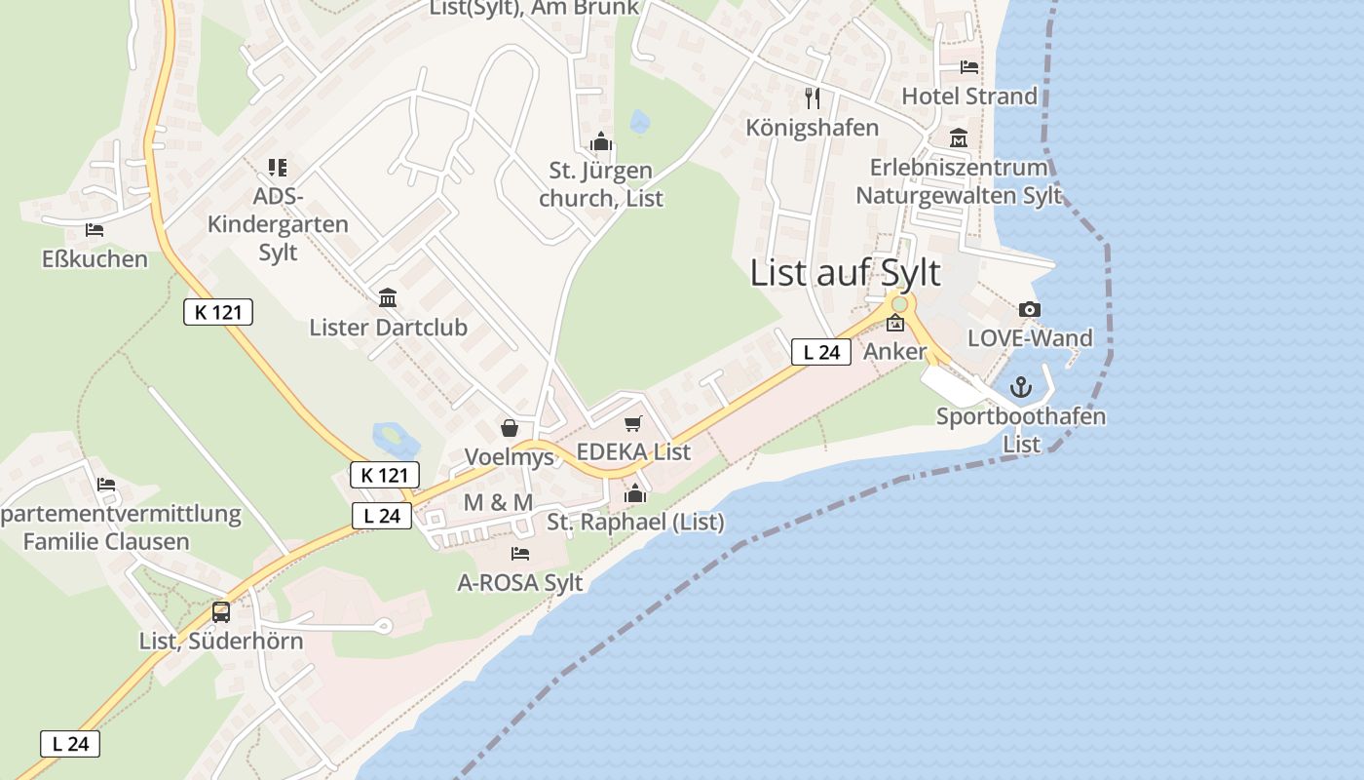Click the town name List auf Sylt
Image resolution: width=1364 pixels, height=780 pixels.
845,273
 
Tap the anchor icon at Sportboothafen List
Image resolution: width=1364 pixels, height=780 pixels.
1021,387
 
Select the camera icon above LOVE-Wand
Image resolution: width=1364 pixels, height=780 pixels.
1029,310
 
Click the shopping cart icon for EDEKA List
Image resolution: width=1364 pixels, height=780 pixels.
633,423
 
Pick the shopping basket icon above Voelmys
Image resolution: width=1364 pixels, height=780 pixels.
509,428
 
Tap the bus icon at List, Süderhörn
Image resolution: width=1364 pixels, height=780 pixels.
221,612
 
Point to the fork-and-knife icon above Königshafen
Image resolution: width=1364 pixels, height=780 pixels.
813,98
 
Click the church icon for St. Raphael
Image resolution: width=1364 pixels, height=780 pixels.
635,493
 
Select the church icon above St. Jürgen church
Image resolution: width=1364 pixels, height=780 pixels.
600,143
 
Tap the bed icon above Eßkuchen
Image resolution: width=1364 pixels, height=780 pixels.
95,230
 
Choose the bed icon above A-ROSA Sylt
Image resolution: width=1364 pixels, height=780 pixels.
520,554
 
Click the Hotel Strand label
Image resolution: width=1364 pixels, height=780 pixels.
969,96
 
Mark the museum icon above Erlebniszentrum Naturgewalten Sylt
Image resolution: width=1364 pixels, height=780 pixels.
959,138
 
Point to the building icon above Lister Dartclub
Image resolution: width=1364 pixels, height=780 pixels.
388,297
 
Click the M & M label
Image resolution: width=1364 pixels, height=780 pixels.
498,502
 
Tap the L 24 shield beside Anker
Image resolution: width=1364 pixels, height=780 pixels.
820,352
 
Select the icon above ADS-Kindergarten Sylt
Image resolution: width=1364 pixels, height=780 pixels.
278,168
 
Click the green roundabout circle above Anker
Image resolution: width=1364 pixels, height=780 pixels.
898,304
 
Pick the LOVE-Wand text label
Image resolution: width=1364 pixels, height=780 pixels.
1030,338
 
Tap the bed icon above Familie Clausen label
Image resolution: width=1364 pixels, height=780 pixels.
106,485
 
